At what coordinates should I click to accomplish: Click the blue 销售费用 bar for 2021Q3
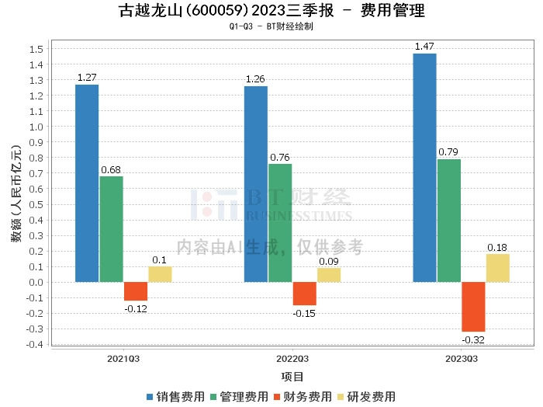tap(87, 183)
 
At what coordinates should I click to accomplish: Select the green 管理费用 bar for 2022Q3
tap(280, 223)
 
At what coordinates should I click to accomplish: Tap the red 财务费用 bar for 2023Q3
tap(473, 307)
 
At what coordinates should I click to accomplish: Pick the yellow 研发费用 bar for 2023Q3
tap(497, 268)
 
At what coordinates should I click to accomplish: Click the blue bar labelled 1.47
tap(424, 167)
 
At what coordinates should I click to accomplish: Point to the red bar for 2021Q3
tap(136, 291)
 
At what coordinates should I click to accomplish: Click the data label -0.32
tap(473, 340)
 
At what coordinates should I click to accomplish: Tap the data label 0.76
tap(280, 158)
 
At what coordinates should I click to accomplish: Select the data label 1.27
tap(87, 78)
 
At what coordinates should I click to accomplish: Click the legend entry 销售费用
tap(176, 397)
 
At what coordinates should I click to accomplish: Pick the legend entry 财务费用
tap(303, 397)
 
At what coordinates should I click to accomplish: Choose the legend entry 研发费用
tap(366, 397)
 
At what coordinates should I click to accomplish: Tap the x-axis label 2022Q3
tap(292, 360)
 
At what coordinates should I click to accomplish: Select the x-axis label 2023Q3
tap(461, 360)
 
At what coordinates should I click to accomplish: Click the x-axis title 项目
tap(292, 377)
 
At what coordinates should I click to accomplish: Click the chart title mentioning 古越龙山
tap(271, 11)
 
